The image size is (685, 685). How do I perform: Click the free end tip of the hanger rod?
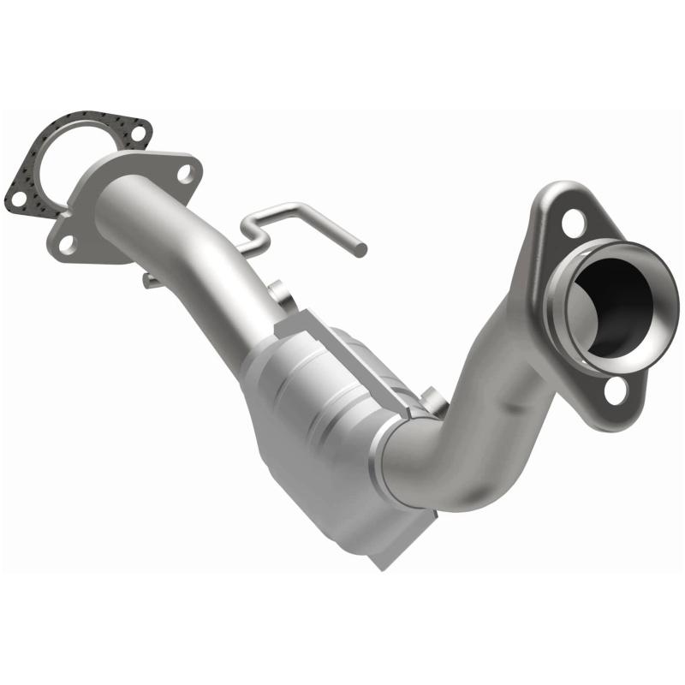tap(362, 249)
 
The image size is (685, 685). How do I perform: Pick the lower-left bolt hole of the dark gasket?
tap(17, 199)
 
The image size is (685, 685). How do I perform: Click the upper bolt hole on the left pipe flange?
tap(184, 174)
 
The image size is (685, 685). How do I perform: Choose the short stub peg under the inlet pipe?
tap(150, 280)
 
